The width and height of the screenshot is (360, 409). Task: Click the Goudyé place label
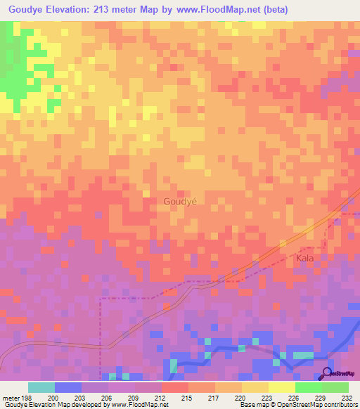click(x=180, y=201)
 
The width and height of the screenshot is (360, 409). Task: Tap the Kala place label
click(x=304, y=259)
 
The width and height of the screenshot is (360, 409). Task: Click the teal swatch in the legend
click(x=41, y=387)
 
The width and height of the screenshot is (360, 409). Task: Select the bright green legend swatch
click(x=309, y=387)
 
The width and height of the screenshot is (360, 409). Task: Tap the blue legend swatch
click(x=68, y=387)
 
